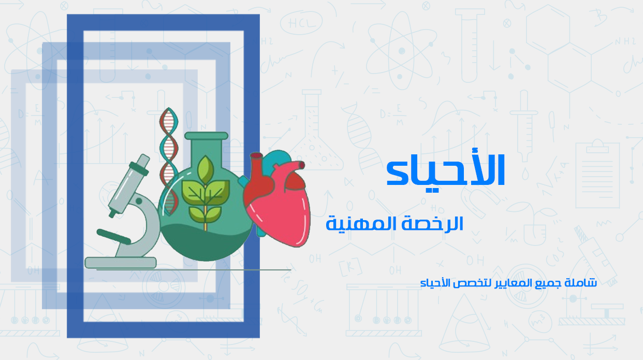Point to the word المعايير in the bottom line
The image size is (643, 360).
512,283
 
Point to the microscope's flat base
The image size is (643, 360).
121,263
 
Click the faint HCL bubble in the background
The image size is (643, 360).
296,24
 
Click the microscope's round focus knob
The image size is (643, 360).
139,200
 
